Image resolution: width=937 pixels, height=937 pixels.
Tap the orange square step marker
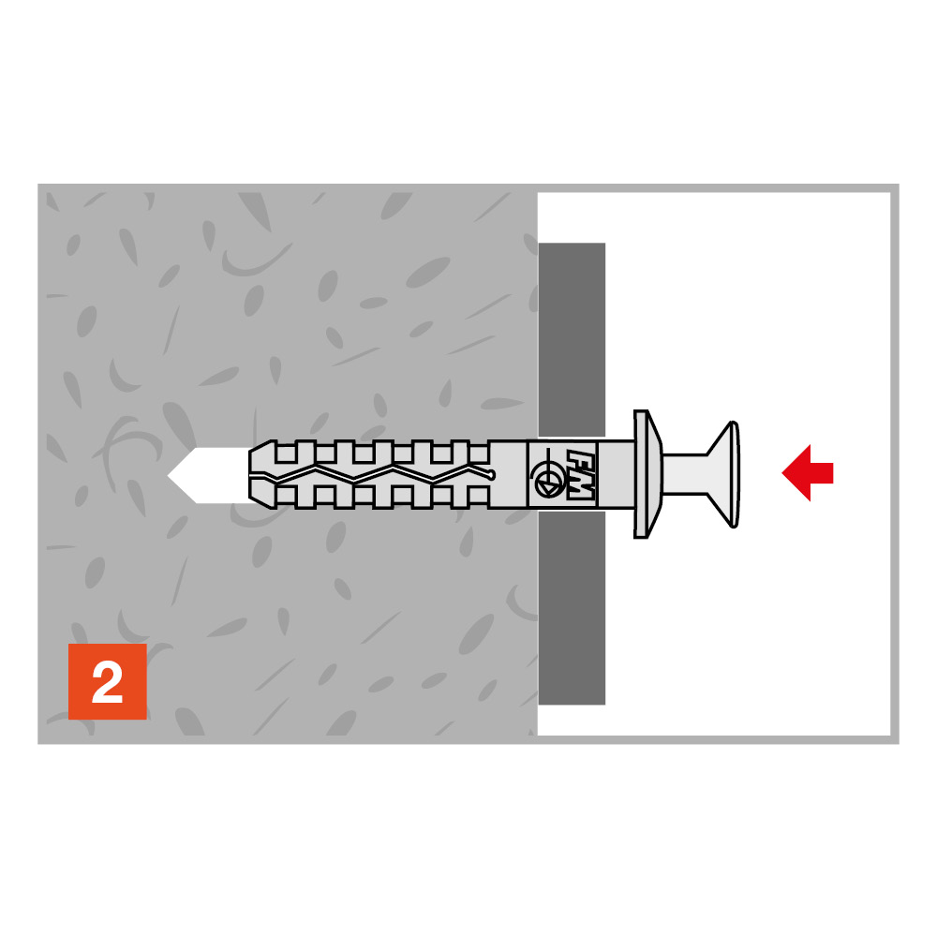click(x=108, y=681)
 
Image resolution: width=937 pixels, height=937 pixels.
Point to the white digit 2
click(x=108, y=682)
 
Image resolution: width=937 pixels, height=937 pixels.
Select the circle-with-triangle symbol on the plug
click(x=547, y=479)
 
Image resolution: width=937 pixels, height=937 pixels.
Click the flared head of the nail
click(x=724, y=474)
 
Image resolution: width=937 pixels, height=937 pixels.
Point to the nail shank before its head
click(x=685, y=474)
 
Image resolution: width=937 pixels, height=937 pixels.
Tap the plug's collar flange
click(x=646, y=474)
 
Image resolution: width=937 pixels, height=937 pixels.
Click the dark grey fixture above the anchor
click(x=572, y=339)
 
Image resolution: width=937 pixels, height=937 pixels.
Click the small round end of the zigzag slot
click(x=491, y=475)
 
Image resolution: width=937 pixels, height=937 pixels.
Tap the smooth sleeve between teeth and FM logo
click(x=507, y=474)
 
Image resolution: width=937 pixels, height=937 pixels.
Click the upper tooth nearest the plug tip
click(x=286, y=452)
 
